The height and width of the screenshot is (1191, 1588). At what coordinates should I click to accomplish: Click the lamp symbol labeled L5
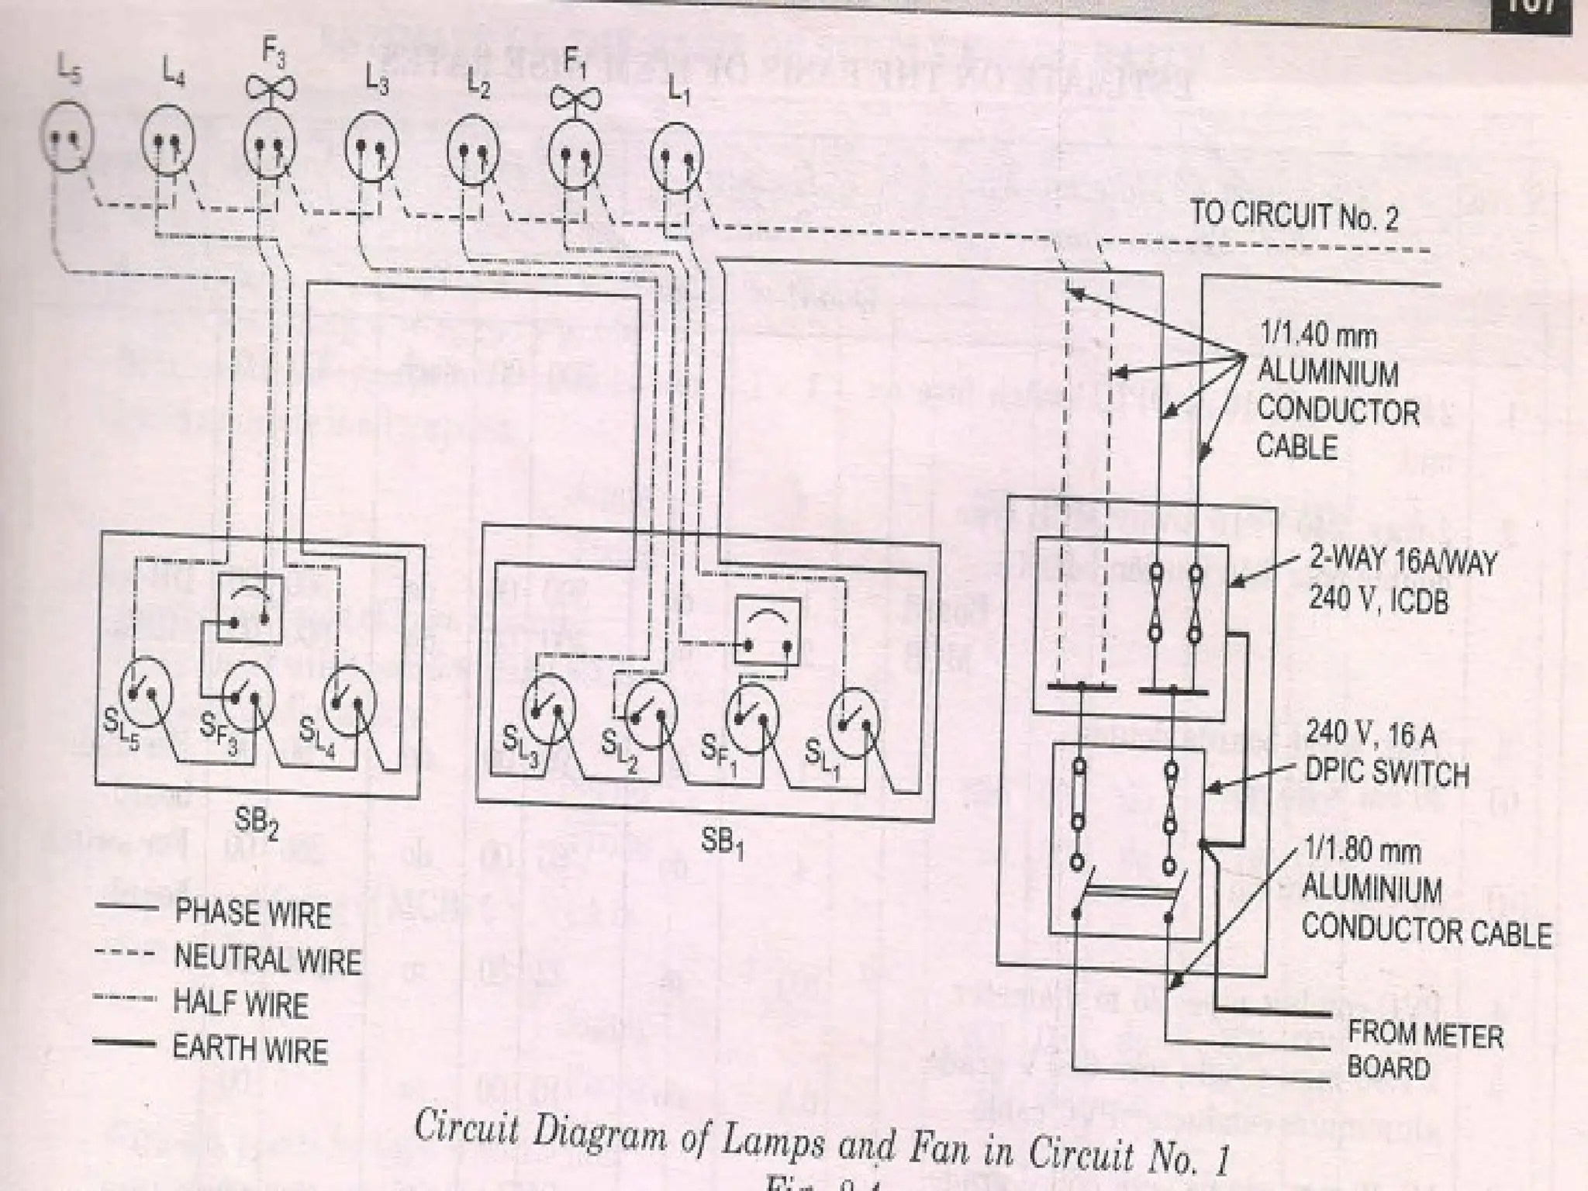point(66,139)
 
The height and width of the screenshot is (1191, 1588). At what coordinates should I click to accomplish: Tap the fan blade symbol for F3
point(271,86)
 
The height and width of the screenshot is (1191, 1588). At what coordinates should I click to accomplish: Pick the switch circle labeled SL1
point(854,723)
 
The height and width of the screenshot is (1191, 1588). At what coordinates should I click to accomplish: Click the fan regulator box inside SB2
point(250,609)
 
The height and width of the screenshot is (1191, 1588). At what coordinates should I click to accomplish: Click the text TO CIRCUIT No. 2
point(1294,215)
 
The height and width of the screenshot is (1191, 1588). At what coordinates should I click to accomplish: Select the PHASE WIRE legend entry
point(252,913)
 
